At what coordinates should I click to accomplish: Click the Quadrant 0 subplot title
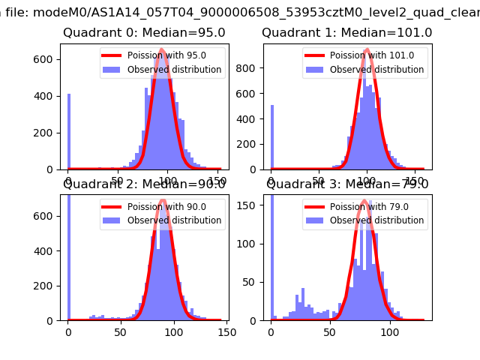[x=144, y=33]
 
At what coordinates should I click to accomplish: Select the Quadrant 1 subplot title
[x=346, y=33]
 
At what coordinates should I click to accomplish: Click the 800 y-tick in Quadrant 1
[x=248, y=67]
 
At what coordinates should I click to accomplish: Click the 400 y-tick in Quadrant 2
[x=46, y=250]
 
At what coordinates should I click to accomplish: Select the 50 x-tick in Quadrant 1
[x=319, y=181]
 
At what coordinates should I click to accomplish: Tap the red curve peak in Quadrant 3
[x=364, y=200]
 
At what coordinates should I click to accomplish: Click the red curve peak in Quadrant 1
[x=367, y=50]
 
